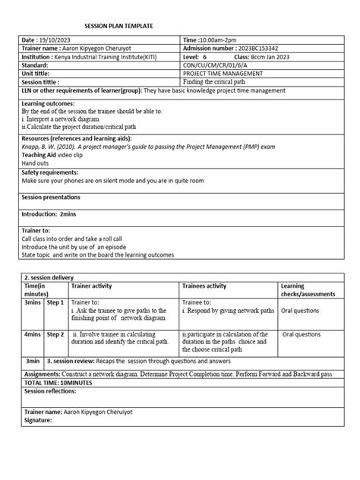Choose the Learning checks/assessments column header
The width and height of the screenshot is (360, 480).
pos(306,290)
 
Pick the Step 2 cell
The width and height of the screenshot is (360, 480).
pos(55,333)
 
